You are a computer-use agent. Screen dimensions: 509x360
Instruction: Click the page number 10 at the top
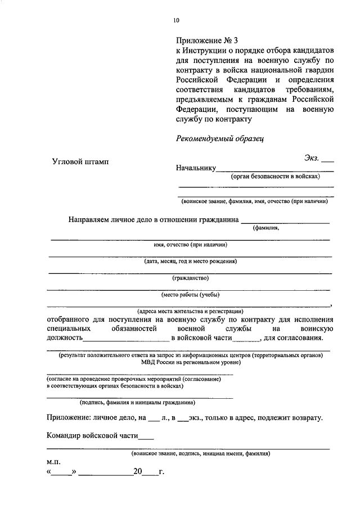(x=176, y=21)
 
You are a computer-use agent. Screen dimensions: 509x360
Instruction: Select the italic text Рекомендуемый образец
(x=219, y=138)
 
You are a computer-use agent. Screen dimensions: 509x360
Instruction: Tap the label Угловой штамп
(x=82, y=161)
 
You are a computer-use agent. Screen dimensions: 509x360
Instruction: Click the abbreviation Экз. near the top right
(x=312, y=159)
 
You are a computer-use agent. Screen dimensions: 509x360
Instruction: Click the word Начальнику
(x=196, y=168)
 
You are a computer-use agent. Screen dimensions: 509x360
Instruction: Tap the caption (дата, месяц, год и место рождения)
(x=190, y=261)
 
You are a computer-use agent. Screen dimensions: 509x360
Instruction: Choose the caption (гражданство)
(x=191, y=278)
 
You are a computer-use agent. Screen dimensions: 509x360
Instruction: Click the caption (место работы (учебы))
(x=190, y=294)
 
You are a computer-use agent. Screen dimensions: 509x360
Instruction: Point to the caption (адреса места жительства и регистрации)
(x=190, y=310)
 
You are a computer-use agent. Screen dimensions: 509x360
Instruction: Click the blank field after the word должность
(x=126, y=339)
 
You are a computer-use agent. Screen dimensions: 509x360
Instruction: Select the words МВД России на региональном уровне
(x=190, y=363)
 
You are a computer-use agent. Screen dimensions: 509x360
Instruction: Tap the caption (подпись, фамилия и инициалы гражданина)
(x=138, y=403)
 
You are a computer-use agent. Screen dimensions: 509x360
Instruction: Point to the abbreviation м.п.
(x=53, y=461)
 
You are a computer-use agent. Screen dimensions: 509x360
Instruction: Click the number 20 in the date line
(x=138, y=472)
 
